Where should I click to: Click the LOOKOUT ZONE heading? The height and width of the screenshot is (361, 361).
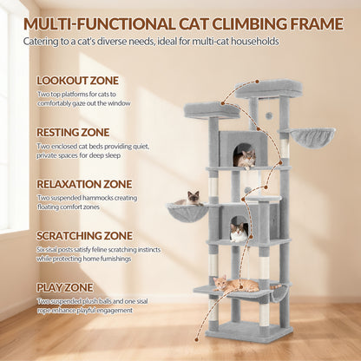[77, 81]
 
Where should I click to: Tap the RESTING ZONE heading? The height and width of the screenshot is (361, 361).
[73, 132]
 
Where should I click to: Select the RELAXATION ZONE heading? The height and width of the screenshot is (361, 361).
[84, 184]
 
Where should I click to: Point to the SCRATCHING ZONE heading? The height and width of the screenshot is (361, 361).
[84, 235]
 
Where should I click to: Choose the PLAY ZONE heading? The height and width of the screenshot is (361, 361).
[65, 287]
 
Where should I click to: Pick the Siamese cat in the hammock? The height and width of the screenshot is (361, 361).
[188, 199]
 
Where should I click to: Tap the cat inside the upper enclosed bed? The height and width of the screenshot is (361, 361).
[245, 159]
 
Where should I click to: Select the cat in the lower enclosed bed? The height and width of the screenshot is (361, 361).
[239, 233]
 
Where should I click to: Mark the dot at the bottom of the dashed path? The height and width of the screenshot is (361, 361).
[197, 339]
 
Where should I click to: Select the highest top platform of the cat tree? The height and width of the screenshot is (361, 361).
[269, 89]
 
